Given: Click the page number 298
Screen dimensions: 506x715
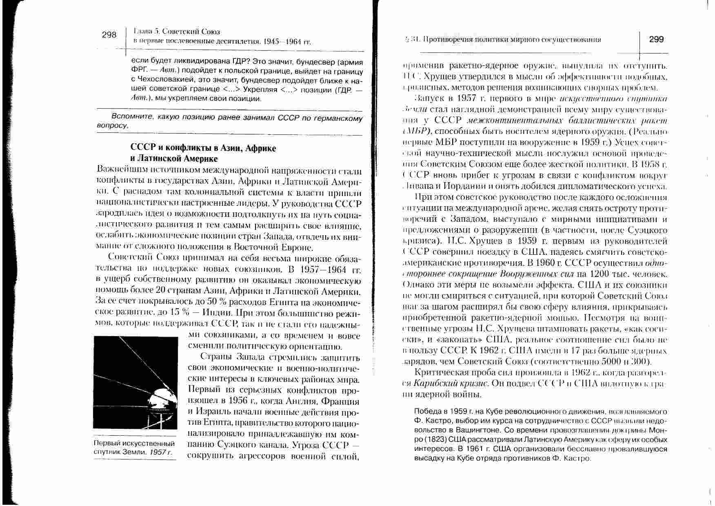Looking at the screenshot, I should point(109,35).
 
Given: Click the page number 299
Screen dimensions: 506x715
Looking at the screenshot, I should point(656,39).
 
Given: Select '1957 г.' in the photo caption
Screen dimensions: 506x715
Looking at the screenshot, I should point(161,452).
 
